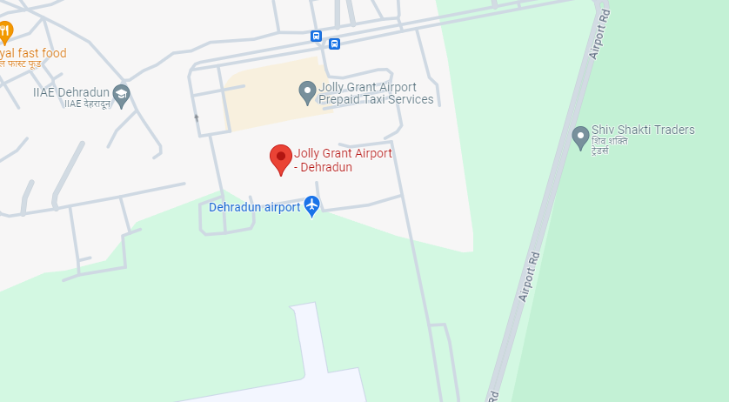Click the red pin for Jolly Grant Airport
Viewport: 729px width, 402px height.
tap(280, 158)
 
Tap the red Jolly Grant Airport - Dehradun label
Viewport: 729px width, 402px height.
tap(343, 160)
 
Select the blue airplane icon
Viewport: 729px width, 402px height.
tap(311, 206)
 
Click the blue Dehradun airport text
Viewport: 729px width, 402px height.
tap(254, 207)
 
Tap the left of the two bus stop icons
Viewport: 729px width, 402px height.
tap(315, 37)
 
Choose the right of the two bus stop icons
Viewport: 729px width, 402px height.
tap(334, 44)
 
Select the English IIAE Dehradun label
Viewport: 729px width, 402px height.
tap(69, 91)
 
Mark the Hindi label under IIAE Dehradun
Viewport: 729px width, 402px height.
tap(84, 104)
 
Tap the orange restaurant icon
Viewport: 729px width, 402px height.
tap(5, 32)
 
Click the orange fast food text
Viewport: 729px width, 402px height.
tap(35, 54)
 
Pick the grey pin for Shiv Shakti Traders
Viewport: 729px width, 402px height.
tap(580, 137)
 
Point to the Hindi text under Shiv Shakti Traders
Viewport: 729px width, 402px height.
tap(609, 145)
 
